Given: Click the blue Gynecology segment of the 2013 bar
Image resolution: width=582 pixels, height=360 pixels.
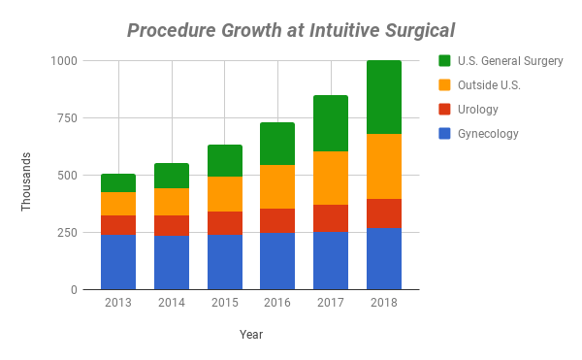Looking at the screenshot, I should tap(118, 262).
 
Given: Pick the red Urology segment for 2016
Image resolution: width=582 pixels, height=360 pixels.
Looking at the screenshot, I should tap(277, 220).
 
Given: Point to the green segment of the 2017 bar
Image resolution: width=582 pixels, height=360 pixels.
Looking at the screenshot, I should tap(331, 123).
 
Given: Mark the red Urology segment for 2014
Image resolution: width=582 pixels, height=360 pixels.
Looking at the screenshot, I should tap(172, 225).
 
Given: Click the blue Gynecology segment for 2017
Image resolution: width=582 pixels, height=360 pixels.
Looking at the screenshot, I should tap(331, 261).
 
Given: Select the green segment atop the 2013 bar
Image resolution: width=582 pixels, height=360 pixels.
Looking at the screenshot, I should tap(118, 183).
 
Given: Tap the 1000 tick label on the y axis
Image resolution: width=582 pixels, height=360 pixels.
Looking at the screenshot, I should tap(65, 60).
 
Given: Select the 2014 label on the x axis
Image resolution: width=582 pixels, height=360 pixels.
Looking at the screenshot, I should tap(172, 303).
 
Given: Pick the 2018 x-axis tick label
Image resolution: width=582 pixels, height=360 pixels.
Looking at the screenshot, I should tap(384, 303).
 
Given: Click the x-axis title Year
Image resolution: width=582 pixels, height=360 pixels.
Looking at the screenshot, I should tap(251, 335).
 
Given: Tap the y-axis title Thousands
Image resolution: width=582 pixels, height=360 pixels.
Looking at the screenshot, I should tap(26, 180).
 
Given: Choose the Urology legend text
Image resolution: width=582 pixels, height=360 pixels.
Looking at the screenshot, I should tap(479, 110).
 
